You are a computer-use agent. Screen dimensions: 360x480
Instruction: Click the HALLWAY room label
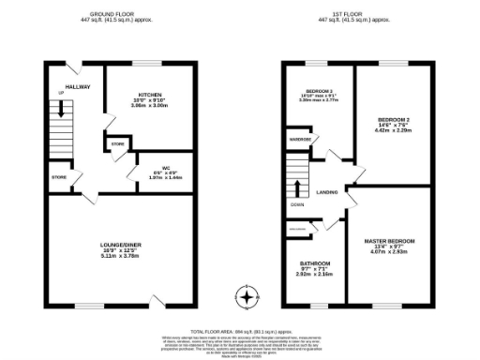(x=78, y=86)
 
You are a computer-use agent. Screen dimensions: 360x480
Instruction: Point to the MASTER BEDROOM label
(x=389, y=242)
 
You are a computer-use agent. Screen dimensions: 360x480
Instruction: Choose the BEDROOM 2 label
(x=394, y=120)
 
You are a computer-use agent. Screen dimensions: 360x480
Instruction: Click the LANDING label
(x=327, y=192)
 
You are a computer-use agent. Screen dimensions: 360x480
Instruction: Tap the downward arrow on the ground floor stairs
(x=61, y=110)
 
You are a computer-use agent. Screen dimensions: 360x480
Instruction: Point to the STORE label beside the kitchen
(x=117, y=144)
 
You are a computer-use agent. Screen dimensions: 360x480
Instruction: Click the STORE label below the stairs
(x=59, y=175)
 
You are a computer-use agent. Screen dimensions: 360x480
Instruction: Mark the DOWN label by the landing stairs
(x=296, y=203)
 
